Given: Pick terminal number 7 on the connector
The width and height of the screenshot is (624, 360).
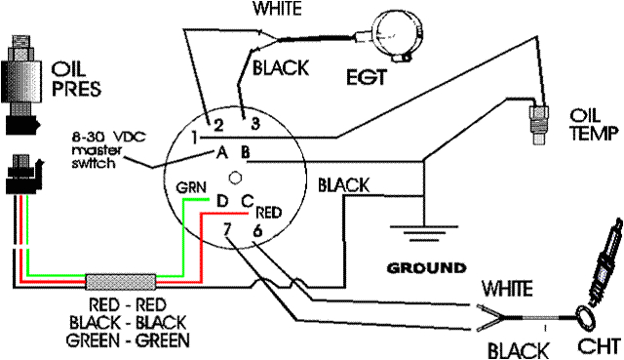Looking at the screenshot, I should coord(227,229).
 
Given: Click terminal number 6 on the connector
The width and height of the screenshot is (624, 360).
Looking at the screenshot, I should coord(256,230).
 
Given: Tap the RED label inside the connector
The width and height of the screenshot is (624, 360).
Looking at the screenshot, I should coord(268,211).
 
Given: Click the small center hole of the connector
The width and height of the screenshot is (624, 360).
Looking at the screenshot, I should coord(234,177).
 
